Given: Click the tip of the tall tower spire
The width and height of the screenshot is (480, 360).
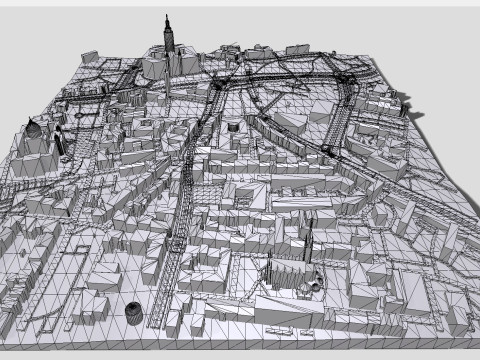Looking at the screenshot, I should pyautogui.click(x=167, y=17).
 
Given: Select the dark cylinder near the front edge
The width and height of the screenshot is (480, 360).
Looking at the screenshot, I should pyautogui.click(x=135, y=314).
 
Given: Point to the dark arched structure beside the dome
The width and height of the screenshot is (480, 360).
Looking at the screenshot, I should pyautogui.click(x=58, y=139).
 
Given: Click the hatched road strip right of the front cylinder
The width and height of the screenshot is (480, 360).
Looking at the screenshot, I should pyautogui.click(x=160, y=300).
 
